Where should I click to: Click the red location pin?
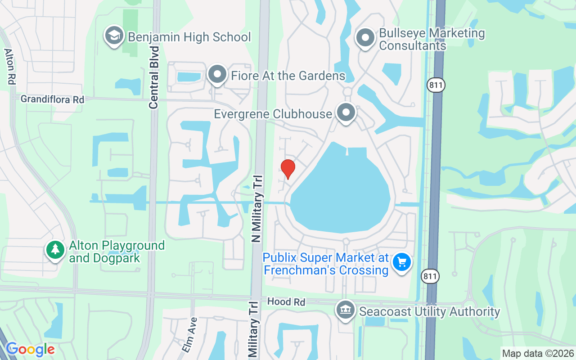coord(288,168)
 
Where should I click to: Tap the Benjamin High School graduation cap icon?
coord(114,36)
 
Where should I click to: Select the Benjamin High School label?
coord(189,37)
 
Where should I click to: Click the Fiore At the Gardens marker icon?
coord(217,74)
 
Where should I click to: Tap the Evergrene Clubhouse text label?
coord(273,114)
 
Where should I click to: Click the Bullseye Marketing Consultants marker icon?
coord(365,38)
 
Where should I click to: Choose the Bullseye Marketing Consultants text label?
coord(432,39)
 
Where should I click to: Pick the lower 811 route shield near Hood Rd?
coord(430,276)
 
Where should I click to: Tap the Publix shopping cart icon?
coord(401,262)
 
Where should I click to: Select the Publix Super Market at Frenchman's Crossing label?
coord(326,264)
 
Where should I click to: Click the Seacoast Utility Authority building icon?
coord(346,310)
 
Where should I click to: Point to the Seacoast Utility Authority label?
coord(429,311)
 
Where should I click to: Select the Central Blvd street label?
coord(154,77)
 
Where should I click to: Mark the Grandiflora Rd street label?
coord(52,99)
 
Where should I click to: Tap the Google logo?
coord(30,349)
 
